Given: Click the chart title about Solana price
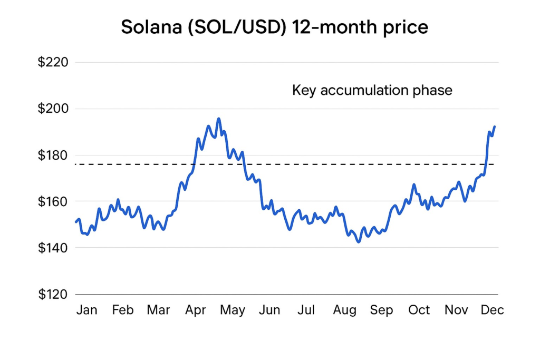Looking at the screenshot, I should (274, 27).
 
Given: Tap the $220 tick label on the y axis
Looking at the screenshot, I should (53, 63).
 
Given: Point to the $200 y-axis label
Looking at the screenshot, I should (53, 109).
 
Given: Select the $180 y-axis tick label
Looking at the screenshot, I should (53, 155).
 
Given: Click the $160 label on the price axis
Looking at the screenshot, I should (53, 201).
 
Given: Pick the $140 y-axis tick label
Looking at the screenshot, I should (53, 248).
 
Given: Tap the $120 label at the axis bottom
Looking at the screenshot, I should (53, 294).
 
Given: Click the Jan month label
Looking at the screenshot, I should (86, 310).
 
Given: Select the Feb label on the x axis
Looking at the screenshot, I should (123, 310).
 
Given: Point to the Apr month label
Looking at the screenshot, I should (196, 310).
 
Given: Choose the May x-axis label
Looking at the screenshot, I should (233, 310).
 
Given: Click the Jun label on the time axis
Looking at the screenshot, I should (269, 310).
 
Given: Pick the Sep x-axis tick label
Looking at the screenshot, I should (381, 310).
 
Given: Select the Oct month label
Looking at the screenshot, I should (419, 310).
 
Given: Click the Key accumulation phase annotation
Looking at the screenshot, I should (372, 90).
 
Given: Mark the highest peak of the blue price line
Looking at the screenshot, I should (219, 119).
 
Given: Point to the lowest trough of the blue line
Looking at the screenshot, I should (359, 242).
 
